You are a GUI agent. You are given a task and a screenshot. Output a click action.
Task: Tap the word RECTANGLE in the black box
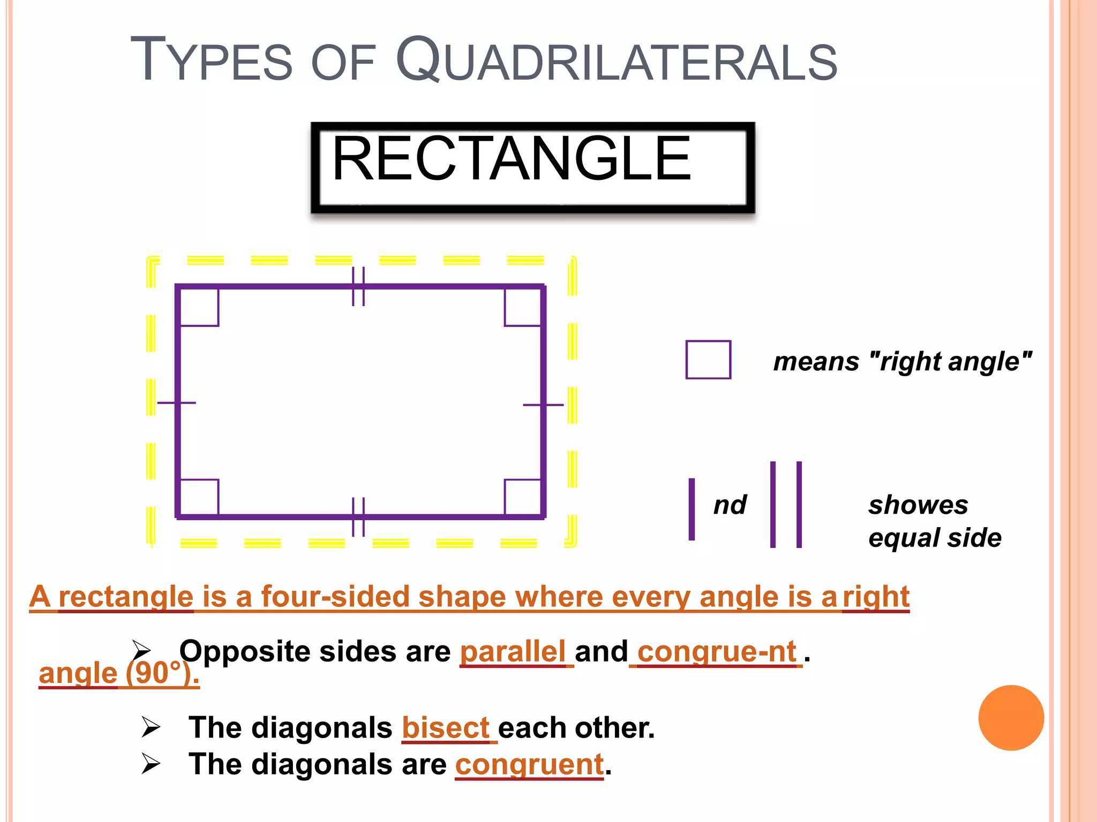click(x=512, y=159)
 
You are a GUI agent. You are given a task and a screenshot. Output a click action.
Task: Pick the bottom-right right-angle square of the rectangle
click(x=522, y=497)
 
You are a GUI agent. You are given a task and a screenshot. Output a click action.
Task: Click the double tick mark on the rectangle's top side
click(x=358, y=287)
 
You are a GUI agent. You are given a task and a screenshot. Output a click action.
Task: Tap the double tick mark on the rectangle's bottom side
click(x=358, y=517)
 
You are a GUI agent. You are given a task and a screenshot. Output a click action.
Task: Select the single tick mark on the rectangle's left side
click(x=176, y=402)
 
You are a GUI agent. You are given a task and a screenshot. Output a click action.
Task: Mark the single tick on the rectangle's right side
click(x=543, y=405)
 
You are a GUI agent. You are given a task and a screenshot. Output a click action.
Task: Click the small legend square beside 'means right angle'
click(x=708, y=360)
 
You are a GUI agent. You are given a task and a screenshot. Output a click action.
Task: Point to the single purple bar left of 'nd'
click(x=692, y=509)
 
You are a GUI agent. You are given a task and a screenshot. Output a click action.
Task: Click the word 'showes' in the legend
click(x=918, y=505)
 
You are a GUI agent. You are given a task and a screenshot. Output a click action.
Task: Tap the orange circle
click(x=1011, y=718)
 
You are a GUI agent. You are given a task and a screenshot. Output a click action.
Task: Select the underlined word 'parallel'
click(x=513, y=652)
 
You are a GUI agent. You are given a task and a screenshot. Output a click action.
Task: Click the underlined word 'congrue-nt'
click(x=716, y=652)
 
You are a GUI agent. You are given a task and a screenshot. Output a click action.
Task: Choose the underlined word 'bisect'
click(x=445, y=728)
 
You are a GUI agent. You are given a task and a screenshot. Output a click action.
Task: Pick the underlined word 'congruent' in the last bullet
click(x=529, y=764)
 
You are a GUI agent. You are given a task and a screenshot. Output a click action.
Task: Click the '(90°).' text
click(x=162, y=673)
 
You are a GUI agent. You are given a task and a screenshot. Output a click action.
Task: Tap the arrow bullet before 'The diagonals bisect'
click(x=151, y=727)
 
